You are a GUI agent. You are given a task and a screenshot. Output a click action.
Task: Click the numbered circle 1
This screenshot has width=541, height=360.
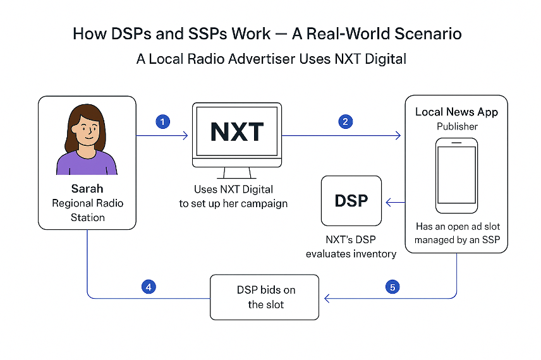pyautogui.click(x=163, y=122)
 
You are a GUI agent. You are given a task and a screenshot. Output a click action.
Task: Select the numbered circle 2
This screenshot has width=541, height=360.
pyautogui.click(x=345, y=122)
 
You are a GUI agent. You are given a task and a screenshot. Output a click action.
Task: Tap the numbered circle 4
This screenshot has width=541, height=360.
pyautogui.click(x=149, y=287)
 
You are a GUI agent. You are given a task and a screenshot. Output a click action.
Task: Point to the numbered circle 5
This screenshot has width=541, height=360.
pyautogui.click(x=392, y=287)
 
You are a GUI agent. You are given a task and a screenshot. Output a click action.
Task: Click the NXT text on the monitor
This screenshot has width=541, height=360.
pyautogui.click(x=237, y=133)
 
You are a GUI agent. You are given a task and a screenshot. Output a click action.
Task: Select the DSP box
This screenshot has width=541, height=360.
pyautogui.click(x=351, y=201)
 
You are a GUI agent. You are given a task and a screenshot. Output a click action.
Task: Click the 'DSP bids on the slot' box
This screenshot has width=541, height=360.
pyautogui.click(x=264, y=297)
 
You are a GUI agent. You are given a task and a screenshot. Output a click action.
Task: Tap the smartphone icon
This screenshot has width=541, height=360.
pyautogui.click(x=456, y=176)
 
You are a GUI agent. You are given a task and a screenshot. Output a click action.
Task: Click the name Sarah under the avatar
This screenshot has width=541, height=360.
pyautogui.click(x=87, y=189)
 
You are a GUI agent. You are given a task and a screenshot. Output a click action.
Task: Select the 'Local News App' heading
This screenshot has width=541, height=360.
pyautogui.click(x=456, y=112)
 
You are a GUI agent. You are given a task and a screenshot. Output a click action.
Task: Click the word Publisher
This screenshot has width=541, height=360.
pyautogui.click(x=456, y=126)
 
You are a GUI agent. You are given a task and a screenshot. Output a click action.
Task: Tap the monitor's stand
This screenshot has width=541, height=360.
pyautogui.click(x=236, y=172)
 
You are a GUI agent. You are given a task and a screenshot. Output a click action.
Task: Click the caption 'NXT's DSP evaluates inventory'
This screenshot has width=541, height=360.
pyautogui.click(x=351, y=247)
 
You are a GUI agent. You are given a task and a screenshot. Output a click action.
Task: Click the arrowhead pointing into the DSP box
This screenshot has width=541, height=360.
pyautogui.click(x=389, y=202)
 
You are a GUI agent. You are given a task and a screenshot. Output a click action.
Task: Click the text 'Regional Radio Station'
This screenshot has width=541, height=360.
pyautogui.click(x=87, y=210)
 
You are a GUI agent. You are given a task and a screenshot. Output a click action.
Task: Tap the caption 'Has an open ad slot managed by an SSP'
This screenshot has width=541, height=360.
pyautogui.click(x=456, y=232)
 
